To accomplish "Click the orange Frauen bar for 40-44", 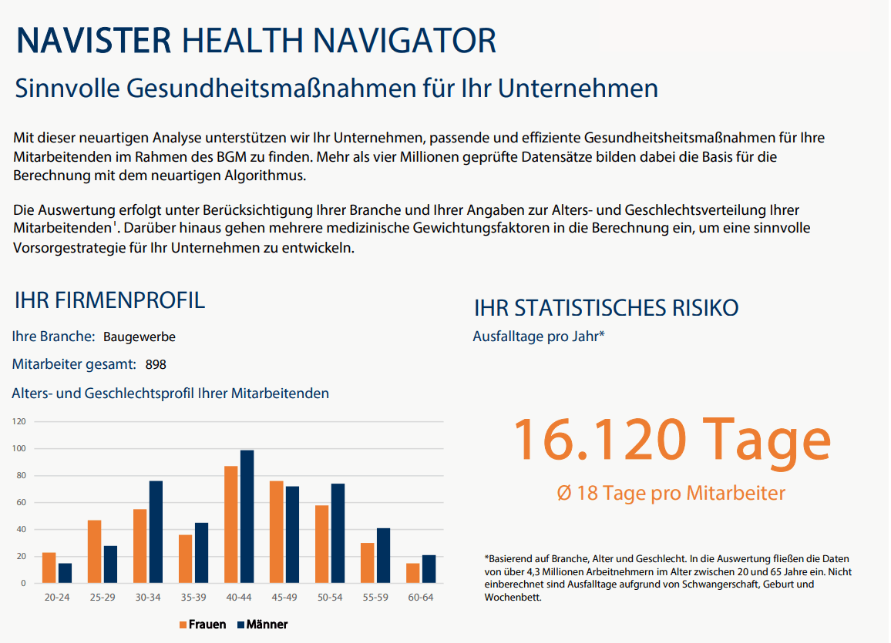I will (x=231, y=524).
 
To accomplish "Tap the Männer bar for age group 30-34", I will (x=156, y=532).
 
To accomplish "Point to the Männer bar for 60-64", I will (x=429, y=569).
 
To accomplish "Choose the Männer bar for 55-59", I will (x=384, y=555).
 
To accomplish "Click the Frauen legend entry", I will (x=203, y=625).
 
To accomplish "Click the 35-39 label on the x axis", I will (x=193, y=598).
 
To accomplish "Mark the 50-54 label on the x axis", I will (x=330, y=598).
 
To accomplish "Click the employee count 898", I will (x=155, y=364).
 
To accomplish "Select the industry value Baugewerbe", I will (x=139, y=337).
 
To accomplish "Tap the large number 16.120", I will (x=598, y=439).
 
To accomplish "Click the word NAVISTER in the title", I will (x=92, y=41).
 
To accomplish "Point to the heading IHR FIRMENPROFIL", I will (x=109, y=300).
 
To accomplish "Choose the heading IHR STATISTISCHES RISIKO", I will (x=606, y=309).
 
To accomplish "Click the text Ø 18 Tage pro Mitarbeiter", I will (x=671, y=493).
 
